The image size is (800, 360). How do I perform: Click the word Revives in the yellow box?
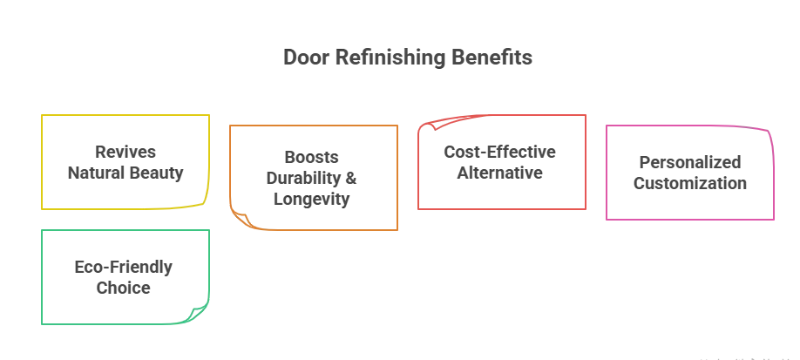125,153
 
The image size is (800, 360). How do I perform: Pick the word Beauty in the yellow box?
158,173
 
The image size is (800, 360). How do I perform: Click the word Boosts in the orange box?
312,157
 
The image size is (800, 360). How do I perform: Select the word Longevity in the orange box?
312,199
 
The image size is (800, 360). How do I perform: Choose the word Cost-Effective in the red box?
499,152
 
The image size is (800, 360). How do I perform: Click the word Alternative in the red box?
499,173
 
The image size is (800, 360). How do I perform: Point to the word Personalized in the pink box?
689,162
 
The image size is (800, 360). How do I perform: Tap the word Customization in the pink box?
689,183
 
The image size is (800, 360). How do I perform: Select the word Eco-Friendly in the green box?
123,267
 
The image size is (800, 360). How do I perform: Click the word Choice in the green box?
123,288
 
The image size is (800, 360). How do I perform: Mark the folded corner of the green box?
200,313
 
